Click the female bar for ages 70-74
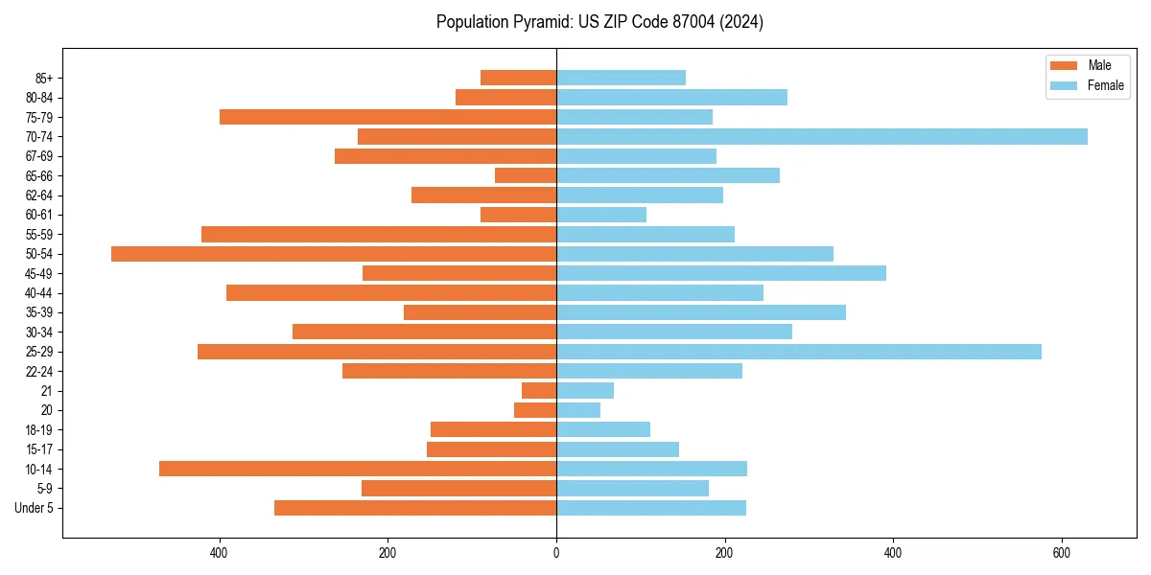click(x=821, y=137)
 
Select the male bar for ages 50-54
click(x=334, y=254)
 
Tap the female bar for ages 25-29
click(x=798, y=352)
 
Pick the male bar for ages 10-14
click(x=358, y=469)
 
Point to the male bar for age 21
click(x=539, y=391)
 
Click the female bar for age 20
click(x=578, y=410)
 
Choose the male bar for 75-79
click(x=388, y=117)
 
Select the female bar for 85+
click(x=621, y=78)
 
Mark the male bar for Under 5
click(x=415, y=508)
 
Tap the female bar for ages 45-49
click(x=720, y=273)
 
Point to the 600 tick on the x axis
click(x=1061, y=553)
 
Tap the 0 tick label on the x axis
click(x=556, y=553)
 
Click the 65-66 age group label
click(x=39, y=176)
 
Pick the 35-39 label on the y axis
click(x=39, y=312)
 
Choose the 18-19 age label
click(x=39, y=430)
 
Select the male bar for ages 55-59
click(x=379, y=235)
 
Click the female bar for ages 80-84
click(x=671, y=98)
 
